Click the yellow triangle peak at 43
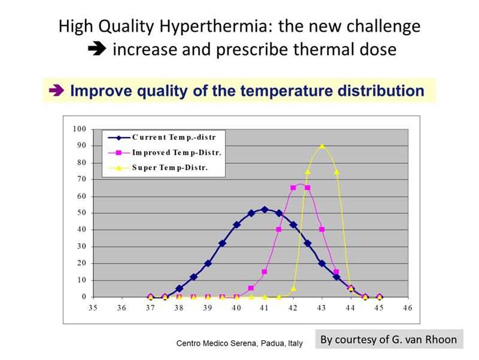(322, 146)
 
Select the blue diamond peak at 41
(265, 210)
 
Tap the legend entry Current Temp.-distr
(162, 138)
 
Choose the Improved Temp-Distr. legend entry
(165, 153)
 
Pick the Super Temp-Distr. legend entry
(157, 168)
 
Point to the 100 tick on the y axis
(80, 129)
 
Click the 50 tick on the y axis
(81, 213)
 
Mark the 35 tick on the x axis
(93, 308)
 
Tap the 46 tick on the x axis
(408, 308)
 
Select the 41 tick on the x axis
(264, 308)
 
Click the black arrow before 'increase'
(97, 49)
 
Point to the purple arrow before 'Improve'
(56, 90)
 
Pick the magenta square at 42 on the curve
(293, 187)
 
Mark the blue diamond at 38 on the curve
(179, 288)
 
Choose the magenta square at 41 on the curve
(265, 272)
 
